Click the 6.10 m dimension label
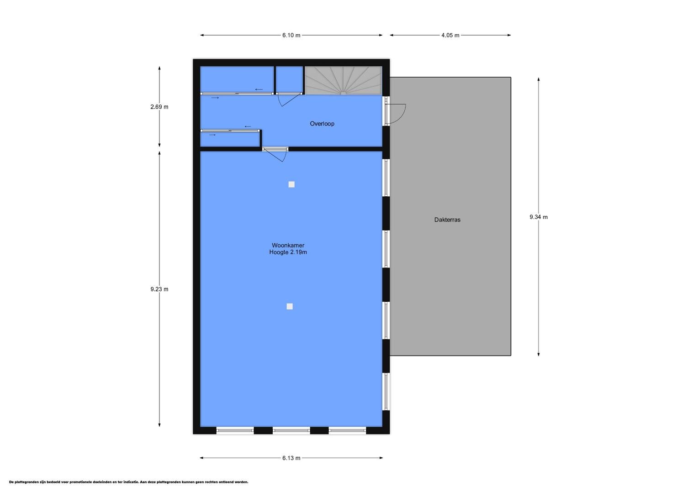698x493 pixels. coord(291,35)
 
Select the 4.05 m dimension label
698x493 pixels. coord(450,35)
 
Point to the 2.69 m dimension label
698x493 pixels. coord(159,107)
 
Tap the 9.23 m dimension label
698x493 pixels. coord(159,289)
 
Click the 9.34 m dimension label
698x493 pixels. coord(539,217)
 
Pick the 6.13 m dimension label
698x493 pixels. coord(291,458)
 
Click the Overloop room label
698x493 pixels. coord(322,124)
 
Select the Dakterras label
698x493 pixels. coord(447,220)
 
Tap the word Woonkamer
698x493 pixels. coord(288,246)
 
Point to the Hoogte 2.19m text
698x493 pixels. coord(288,252)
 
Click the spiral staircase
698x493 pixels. coord(343,80)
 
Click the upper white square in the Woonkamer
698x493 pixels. coord(291,184)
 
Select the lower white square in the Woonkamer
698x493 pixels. coord(290,306)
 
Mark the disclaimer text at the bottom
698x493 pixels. coord(129,483)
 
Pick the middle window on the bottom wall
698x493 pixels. coord(291,431)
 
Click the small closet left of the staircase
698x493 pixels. coord(290,79)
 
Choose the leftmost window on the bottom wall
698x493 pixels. coord(235,431)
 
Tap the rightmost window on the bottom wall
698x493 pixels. coord(348,431)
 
